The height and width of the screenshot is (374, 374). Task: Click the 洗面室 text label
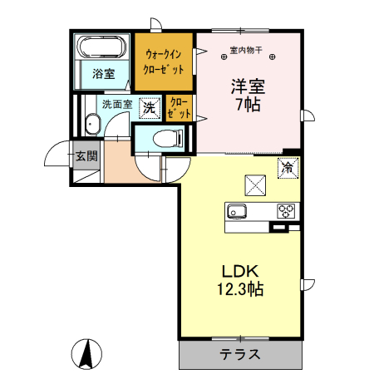click(117, 106)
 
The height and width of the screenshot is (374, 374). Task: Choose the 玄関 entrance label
click(86, 155)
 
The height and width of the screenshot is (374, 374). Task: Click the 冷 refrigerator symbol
click(288, 166)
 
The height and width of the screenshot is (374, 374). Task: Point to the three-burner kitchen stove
click(285, 209)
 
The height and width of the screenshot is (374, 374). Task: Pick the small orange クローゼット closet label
click(179, 108)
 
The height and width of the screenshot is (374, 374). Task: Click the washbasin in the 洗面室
click(91, 124)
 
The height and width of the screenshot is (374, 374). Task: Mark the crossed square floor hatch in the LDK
click(253, 185)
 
